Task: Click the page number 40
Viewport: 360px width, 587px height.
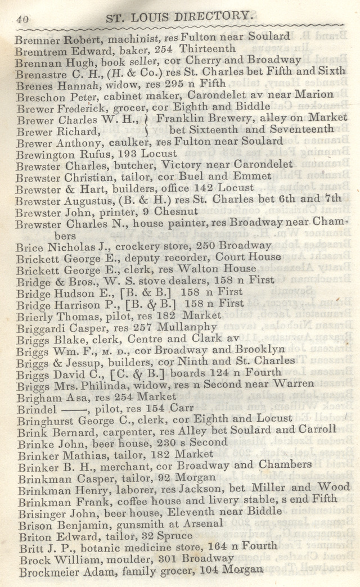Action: tap(22, 19)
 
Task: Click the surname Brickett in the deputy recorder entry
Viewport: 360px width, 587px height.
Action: tap(37, 258)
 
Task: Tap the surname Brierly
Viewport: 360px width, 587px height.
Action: tap(35, 316)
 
